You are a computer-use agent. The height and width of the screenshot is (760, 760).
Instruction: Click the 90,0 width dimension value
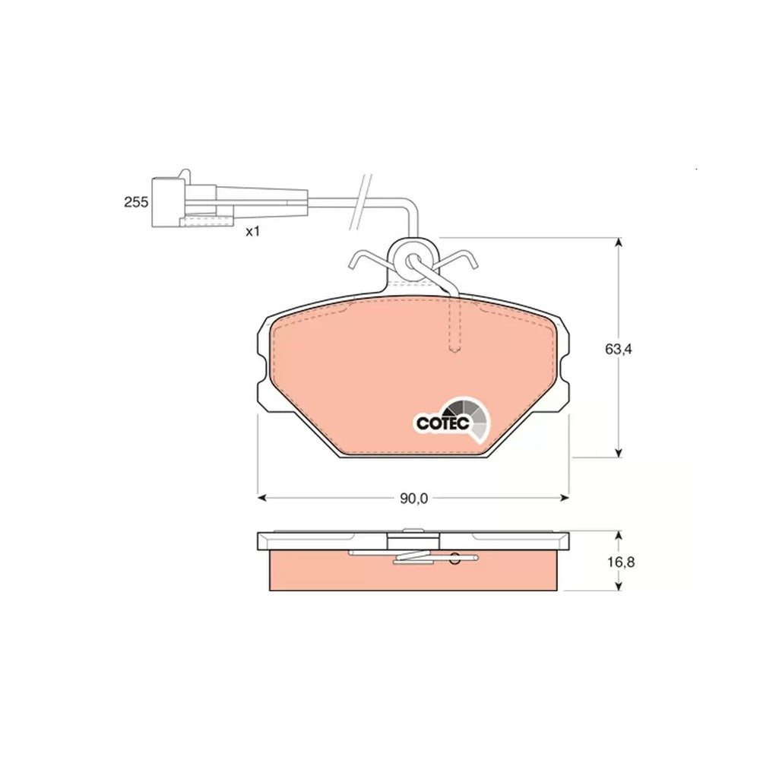[x=413, y=499]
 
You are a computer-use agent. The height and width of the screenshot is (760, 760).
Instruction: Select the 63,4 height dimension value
[x=619, y=349]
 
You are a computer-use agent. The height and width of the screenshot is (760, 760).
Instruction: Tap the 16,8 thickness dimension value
[x=621, y=562]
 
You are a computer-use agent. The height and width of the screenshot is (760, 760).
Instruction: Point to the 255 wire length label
[x=136, y=202]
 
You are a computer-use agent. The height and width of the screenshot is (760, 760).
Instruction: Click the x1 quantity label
[x=252, y=232]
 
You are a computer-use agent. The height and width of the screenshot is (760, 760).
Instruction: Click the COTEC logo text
[x=442, y=423]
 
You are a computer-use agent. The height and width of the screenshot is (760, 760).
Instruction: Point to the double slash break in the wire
[x=361, y=201]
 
